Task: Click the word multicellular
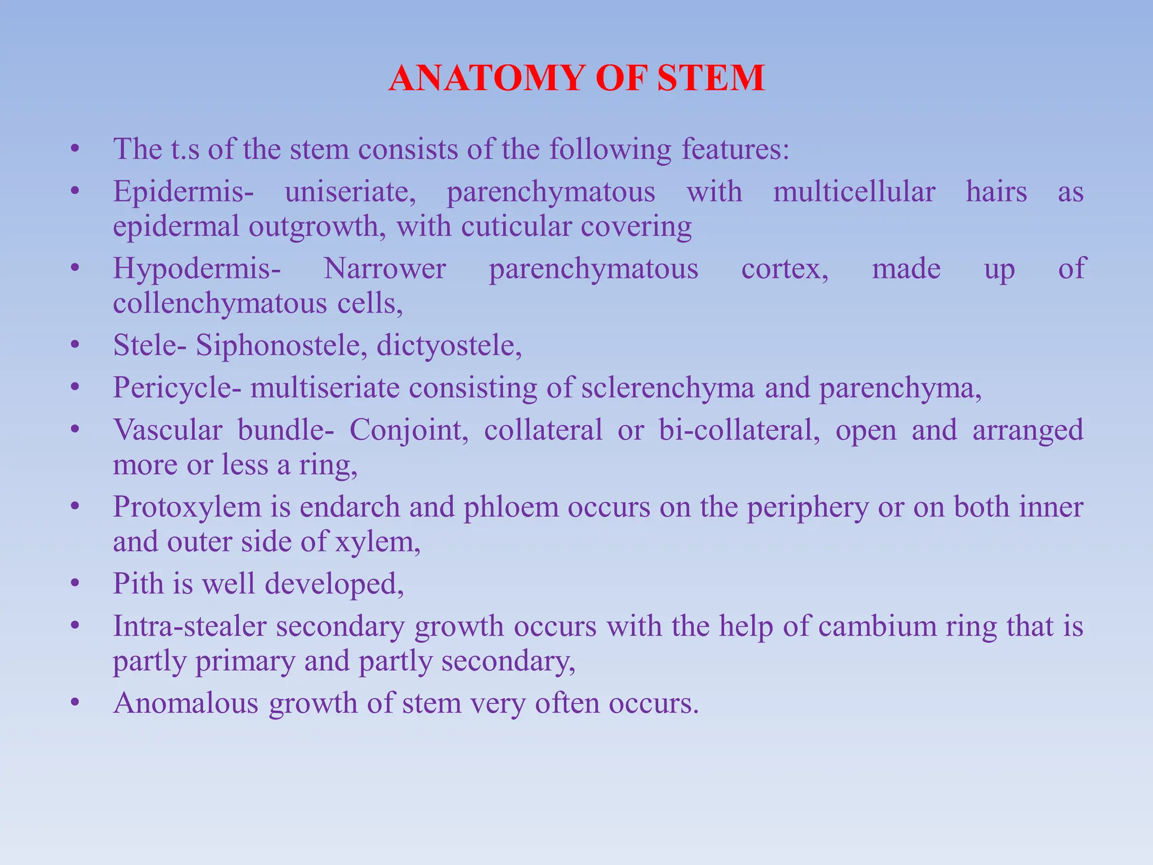pyautogui.click(x=854, y=192)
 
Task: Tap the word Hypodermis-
pyautogui.click(x=196, y=269)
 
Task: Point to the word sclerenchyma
pyautogui.click(x=668, y=388)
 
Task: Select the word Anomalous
pyautogui.click(x=186, y=703)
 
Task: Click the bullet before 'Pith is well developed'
pyautogui.click(x=74, y=585)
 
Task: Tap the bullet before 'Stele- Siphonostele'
pyautogui.click(x=74, y=346)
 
